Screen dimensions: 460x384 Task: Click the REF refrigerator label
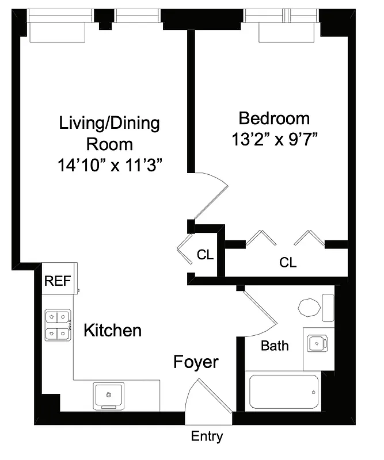pos(58,281)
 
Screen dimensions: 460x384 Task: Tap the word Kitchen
pos(113,331)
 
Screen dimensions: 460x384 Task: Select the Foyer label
pos(196,362)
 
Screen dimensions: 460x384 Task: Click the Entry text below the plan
pos(207,437)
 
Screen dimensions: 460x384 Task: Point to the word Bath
pos(275,346)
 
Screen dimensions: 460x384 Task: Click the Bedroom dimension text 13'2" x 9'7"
pos(274,140)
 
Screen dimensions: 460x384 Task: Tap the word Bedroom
pos(274,119)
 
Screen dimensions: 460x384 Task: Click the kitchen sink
pos(108,396)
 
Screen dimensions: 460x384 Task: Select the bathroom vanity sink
pos(315,344)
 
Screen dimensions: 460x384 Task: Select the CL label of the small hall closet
pos(206,255)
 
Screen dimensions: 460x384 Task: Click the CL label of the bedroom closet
pos(288,263)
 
